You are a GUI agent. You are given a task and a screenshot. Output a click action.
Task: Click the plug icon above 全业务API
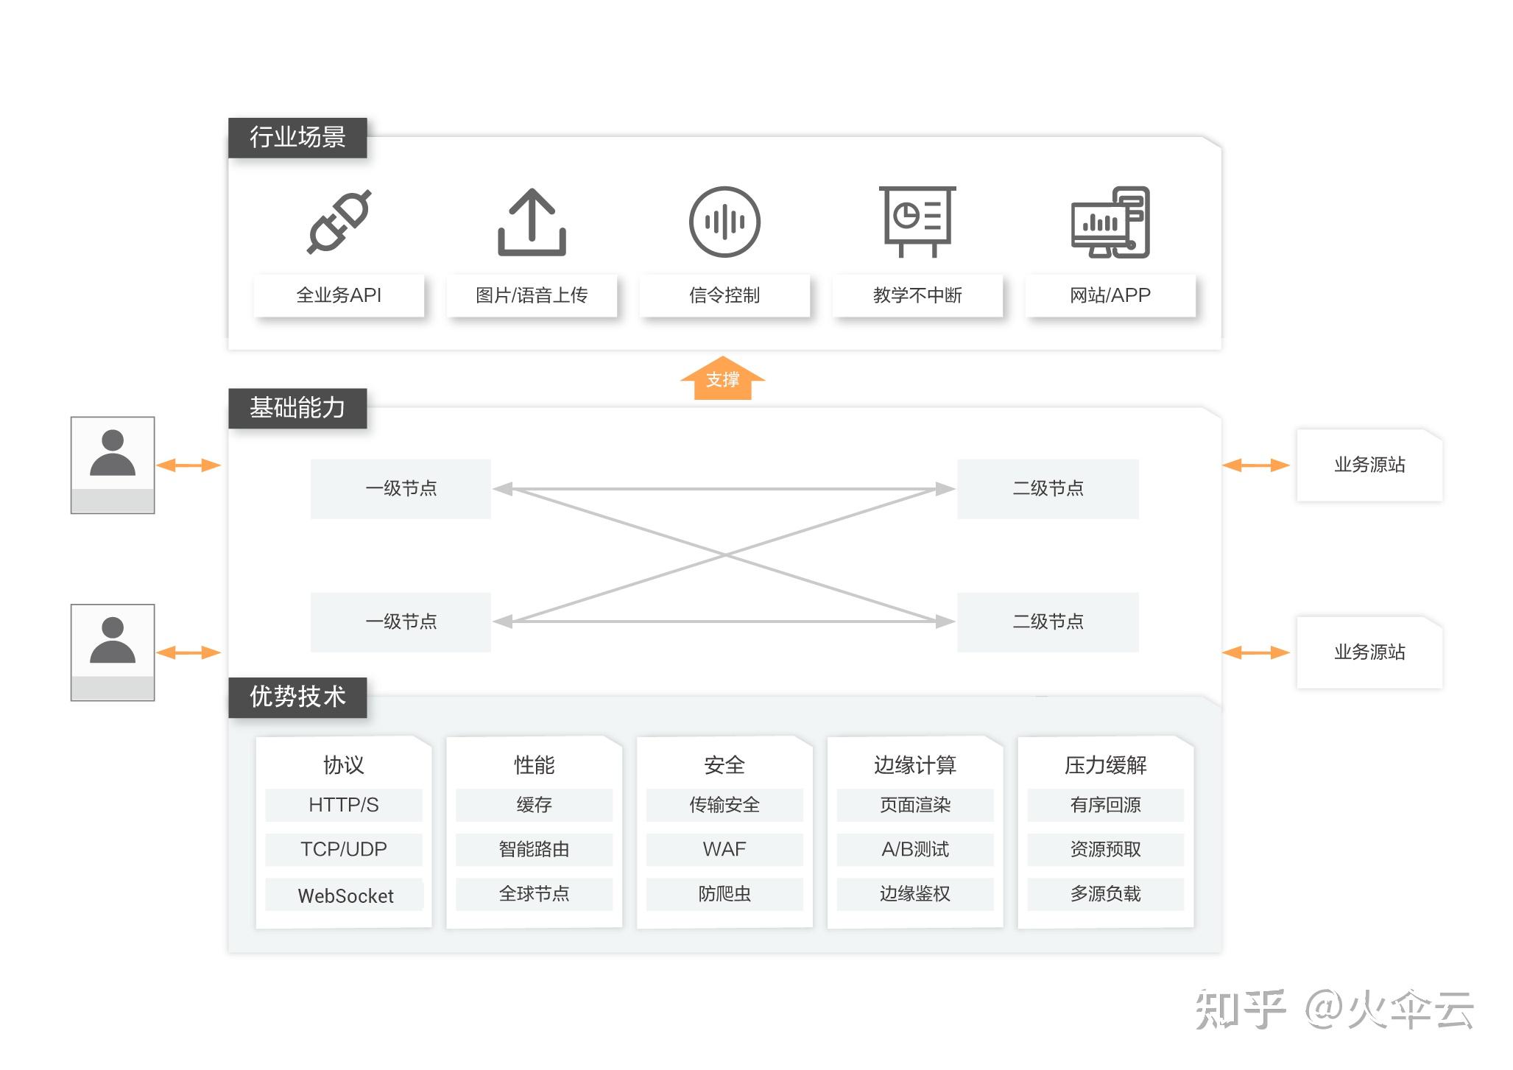pos(339,222)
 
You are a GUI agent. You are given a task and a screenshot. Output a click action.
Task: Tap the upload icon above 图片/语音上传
pos(532,222)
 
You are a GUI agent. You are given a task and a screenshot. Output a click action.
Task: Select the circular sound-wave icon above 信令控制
pos(724,222)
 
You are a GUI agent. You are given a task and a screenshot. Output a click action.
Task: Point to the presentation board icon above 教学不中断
pos(917,221)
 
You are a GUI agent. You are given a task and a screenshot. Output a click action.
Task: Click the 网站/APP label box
pos(1110,295)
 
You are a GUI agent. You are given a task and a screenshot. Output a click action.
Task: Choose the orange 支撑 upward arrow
pos(723,379)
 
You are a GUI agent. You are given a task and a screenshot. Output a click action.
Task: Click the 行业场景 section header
pos(297,138)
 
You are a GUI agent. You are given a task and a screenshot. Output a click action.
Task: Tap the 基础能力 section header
pos(297,408)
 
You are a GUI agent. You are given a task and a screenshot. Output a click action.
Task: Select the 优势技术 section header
pos(297,697)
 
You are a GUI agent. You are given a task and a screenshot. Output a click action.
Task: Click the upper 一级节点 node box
pos(401,489)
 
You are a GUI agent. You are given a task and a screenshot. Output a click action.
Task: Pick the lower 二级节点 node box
pos(1048,622)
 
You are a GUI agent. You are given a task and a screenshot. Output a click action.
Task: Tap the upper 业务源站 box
pos(1369,465)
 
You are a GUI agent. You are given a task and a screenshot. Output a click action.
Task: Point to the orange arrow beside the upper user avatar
pos(188,465)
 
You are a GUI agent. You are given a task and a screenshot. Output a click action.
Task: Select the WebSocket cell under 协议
pos(345,895)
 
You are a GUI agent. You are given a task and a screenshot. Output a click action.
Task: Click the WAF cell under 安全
pos(724,850)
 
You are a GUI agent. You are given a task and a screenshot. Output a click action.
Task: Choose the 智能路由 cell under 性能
pos(534,850)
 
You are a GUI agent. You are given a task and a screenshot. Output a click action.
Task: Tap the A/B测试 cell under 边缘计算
pos(915,850)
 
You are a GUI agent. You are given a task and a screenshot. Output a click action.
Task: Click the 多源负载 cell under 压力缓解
pos(1105,894)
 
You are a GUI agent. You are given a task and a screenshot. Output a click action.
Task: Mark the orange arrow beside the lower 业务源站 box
pos(1256,652)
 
